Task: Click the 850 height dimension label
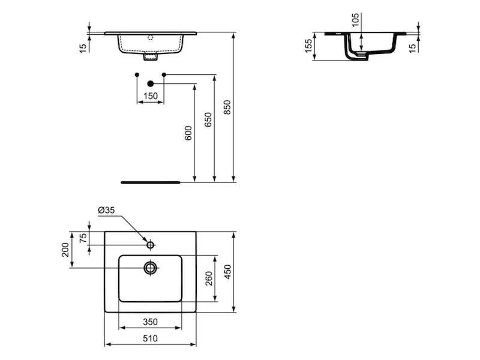coord(227,107)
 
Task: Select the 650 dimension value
coord(208,119)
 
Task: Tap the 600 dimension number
coord(188,133)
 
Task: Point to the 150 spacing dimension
coord(151,96)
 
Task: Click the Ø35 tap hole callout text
coord(106,210)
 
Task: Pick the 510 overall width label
coord(151,338)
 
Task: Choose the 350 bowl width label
coord(151,322)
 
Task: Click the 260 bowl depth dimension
coord(209,278)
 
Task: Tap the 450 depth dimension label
coord(228,272)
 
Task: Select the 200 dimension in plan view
coord(65,250)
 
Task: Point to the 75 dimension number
coord(83,238)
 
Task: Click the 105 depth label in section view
coord(355,20)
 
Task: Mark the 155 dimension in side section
coord(308,46)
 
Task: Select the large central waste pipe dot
coord(150,83)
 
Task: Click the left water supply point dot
coord(137,74)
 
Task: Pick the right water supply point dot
coord(164,74)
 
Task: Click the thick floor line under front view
coord(151,182)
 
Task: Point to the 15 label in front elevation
coord(83,48)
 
